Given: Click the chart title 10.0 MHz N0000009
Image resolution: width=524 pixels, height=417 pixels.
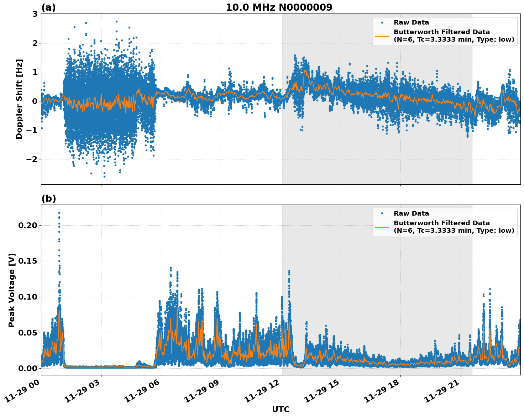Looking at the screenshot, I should click(x=279, y=7).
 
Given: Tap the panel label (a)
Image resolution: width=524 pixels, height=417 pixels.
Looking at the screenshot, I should click(x=48, y=7).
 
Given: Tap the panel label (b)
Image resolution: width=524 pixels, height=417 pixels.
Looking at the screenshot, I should click(x=48, y=199).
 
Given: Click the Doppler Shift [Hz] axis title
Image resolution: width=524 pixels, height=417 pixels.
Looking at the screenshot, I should click(x=19, y=99).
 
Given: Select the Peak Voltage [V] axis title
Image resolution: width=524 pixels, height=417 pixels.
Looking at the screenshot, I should click(x=12, y=290).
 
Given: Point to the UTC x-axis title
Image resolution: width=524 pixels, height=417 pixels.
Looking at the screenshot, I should click(x=281, y=409).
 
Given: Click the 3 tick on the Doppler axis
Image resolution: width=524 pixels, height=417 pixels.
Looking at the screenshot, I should click(x=35, y=14).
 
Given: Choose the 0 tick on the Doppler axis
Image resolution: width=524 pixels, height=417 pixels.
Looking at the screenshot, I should click(x=35, y=101).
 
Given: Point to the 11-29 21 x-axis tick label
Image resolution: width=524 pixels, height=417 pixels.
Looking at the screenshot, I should click(x=444, y=393).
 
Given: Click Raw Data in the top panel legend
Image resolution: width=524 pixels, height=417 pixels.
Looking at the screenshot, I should click(x=411, y=22).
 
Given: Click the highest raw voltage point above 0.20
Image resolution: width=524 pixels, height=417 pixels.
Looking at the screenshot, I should click(x=59, y=213).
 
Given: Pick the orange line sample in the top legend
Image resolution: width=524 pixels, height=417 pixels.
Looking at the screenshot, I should click(x=382, y=36).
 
